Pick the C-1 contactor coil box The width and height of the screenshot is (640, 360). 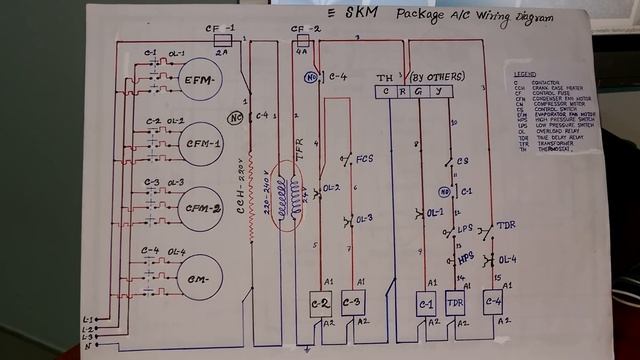(x=427, y=303)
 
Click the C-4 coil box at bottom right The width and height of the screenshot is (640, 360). (x=492, y=303)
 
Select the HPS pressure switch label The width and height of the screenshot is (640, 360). (x=466, y=257)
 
